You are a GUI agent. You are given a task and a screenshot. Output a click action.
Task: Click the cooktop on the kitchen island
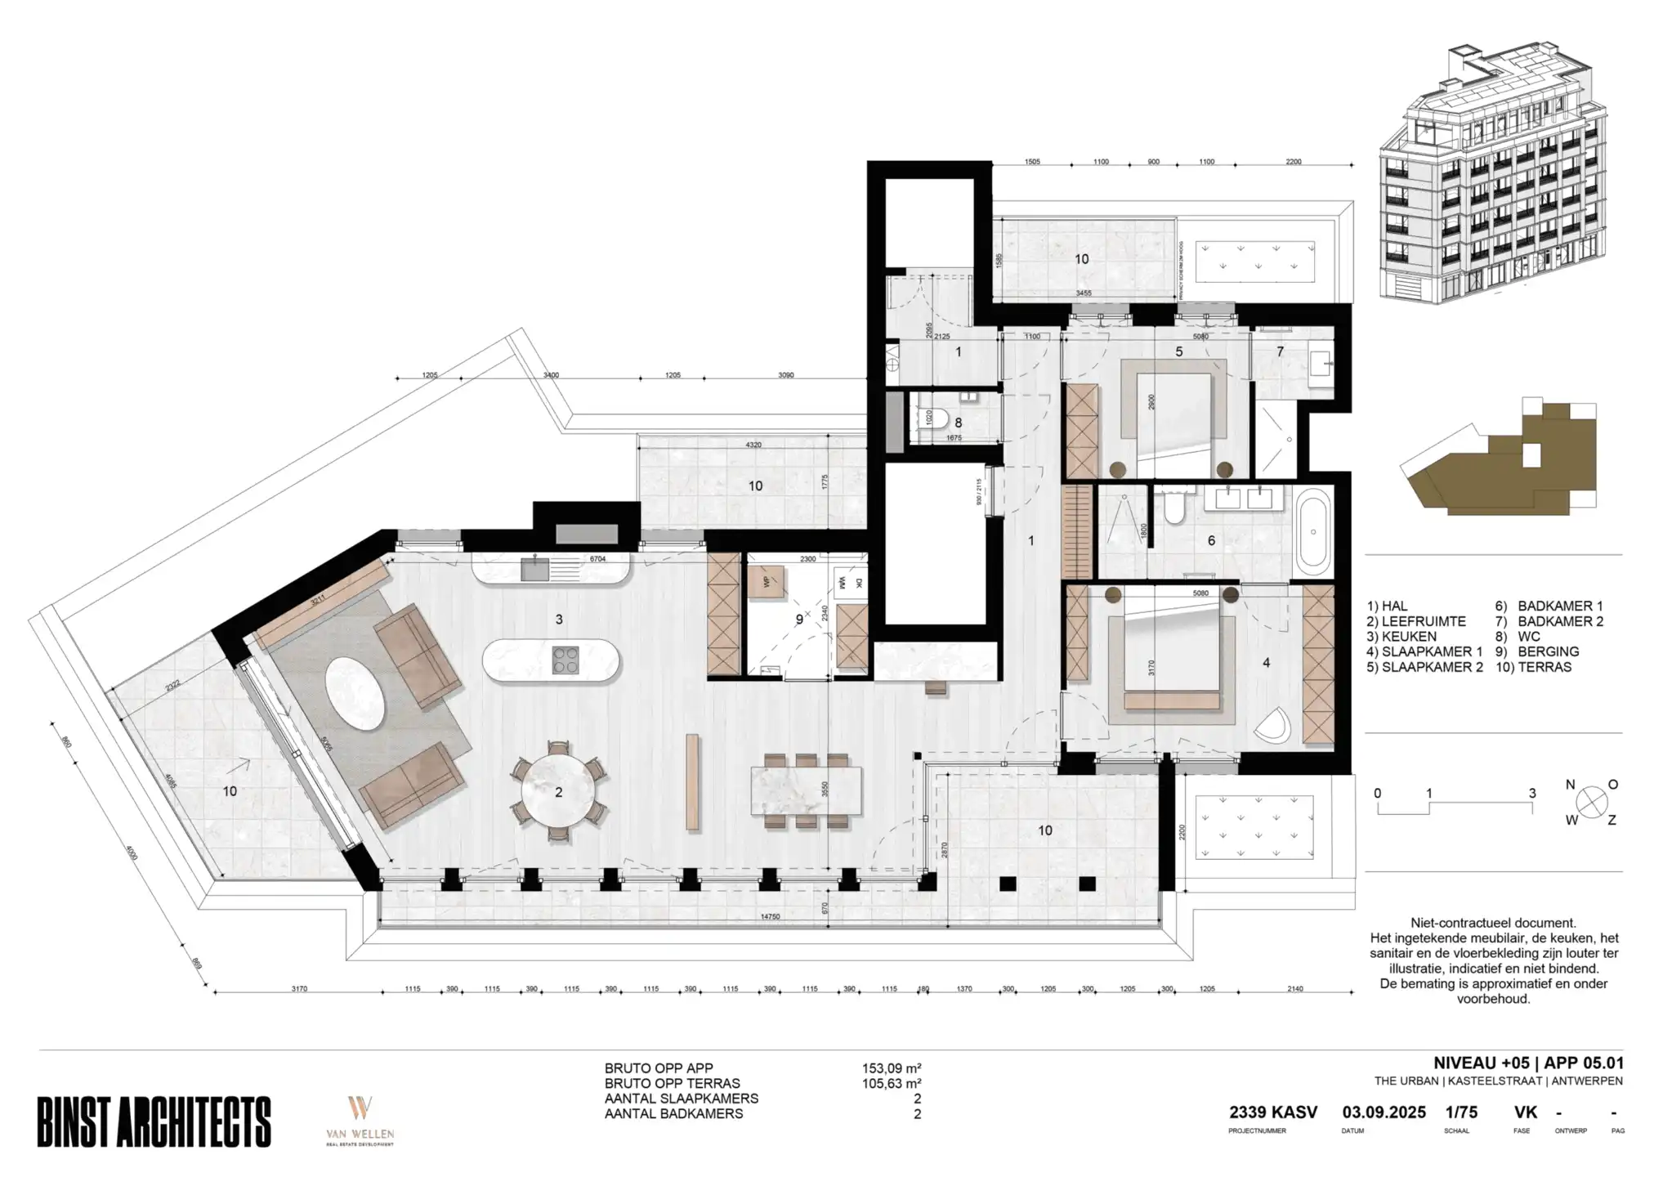(x=566, y=660)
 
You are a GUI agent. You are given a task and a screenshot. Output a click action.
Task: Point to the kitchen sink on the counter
(x=535, y=567)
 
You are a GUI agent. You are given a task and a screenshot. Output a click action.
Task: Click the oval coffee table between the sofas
(x=355, y=695)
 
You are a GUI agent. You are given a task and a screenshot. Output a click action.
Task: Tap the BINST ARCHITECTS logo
(x=154, y=1121)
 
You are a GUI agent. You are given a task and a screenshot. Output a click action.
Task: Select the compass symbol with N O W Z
(x=1590, y=803)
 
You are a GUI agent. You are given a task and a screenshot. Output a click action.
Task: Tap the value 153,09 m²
(x=892, y=1068)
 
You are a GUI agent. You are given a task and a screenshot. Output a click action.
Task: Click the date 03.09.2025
(x=1384, y=1112)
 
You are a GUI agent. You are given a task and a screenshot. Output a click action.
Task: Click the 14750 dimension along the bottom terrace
(x=770, y=917)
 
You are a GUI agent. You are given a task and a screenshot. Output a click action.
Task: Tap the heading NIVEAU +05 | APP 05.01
(x=1527, y=1063)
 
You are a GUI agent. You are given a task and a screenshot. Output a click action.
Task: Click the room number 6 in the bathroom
(x=1211, y=541)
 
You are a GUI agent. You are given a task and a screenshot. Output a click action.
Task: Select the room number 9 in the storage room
(x=799, y=620)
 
